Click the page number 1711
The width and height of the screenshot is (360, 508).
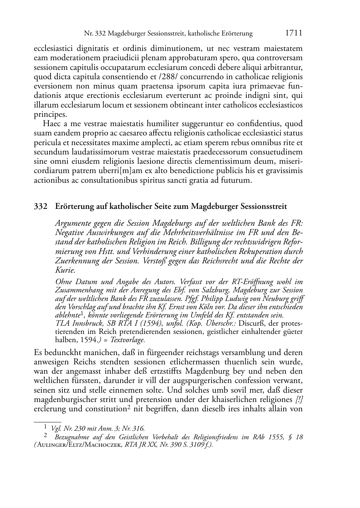point(294,33)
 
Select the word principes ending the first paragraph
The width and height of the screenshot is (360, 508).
point(50,115)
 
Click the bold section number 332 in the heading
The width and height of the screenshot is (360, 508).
point(41,207)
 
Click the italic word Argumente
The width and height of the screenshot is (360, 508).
point(73,223)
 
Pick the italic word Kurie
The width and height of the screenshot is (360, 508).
point(65,270)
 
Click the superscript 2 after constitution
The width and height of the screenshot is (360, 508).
point(127,407)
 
